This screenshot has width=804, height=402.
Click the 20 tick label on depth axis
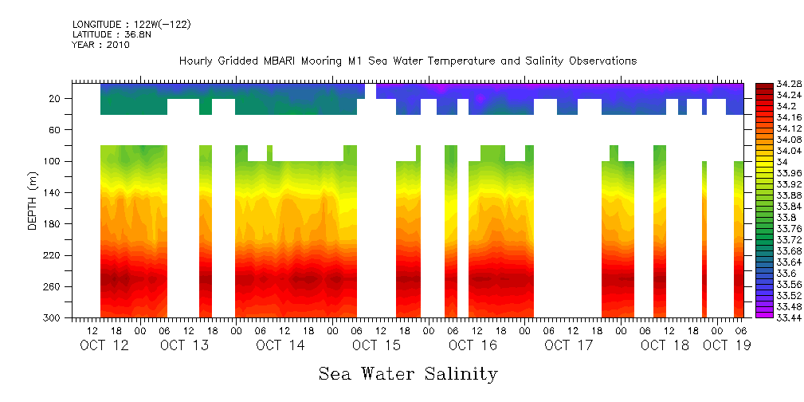[56, 98]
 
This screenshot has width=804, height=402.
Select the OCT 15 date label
[376, 345]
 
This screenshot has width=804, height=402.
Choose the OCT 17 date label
[568, 345]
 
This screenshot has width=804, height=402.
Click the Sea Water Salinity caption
[408, 374]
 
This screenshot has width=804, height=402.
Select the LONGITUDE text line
[131, 25]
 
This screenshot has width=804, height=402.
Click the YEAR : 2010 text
[100, 45]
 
